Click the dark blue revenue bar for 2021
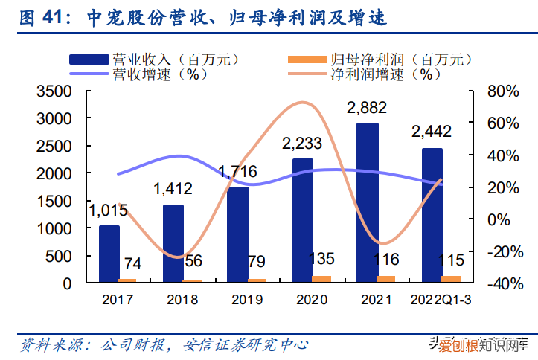click(367, 202)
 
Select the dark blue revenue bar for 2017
click(109, 254)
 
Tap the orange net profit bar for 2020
click(322, 279)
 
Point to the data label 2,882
click(368, 109)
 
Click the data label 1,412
click(173, 190)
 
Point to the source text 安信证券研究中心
click(246, 345)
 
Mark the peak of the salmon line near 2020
click(301, 103)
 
